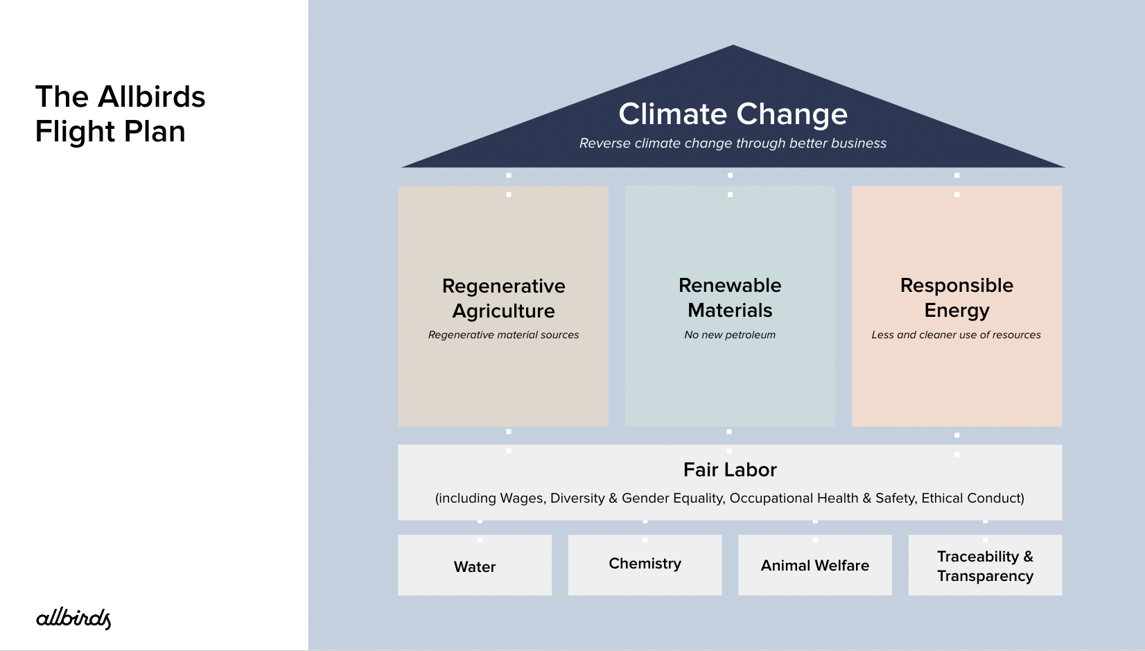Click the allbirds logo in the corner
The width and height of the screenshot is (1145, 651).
point(73,618)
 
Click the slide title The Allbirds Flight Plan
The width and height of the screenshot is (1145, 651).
point(120,114)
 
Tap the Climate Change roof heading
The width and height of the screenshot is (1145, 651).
point(733,114)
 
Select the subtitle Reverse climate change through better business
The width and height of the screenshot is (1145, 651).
point(733,144)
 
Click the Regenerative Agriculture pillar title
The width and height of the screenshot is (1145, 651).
point(503,298)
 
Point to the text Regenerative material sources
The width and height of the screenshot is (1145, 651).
point(503,335)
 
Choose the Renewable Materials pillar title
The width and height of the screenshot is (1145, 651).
point(730,297)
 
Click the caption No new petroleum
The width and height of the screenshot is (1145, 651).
point(730,335)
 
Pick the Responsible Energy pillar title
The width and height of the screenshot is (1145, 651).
point(957,297)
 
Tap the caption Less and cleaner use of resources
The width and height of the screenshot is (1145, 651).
point(956,335)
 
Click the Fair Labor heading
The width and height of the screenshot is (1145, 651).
point(730,470)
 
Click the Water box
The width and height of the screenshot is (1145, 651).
point(475,565)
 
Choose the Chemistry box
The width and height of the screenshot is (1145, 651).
point(645,565)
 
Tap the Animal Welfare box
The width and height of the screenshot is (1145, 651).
point(815,565)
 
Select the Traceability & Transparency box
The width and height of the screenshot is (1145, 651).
point(986,565)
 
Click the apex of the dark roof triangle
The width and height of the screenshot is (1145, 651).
point(733,45)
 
